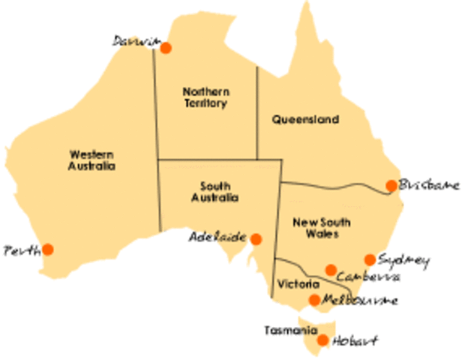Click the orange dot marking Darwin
point(166,48)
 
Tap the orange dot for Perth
point(48,249)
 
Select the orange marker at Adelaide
point(256,239)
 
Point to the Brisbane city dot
point(391,185)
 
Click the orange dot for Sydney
point(370,259)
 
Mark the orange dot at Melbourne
point(314,300)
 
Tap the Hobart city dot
point(322,340)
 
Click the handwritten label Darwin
point(133,40)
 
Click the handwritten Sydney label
point(403,260)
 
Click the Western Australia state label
point(88,160)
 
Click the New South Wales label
point(315,229)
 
